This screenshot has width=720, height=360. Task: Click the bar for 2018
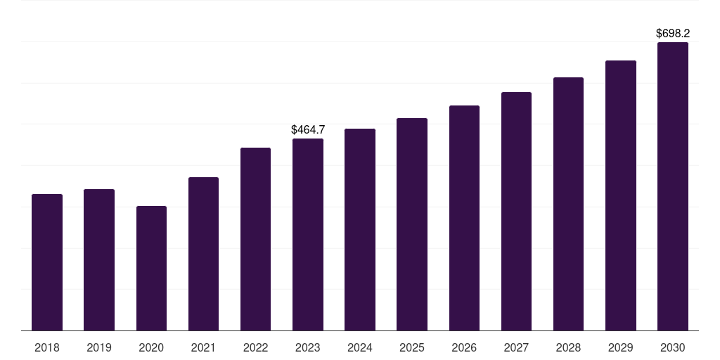coord(47,262)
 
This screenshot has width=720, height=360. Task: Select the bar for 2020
coord(152,268)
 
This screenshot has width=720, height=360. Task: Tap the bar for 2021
coord(203,254)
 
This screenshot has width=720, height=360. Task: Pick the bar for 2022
coord(255,239)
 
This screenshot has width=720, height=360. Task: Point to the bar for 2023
coord(308,235)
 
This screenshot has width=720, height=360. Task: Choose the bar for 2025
coord(412,224)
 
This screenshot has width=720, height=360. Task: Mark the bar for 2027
coord(516,211)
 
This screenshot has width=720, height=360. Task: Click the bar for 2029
coord(621,195)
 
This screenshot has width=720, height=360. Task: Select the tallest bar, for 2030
coord(673,186)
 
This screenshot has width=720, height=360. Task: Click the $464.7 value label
coord(308,129)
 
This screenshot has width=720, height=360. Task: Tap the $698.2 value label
coord(673,33)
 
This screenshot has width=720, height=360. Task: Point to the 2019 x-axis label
coord(99,347)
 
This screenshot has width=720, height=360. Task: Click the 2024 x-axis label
coord(360,347)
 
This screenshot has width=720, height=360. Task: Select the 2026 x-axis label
coord(464,347)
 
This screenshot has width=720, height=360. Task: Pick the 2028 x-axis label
coord(568,347)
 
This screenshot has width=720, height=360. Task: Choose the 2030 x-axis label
coord(673,347)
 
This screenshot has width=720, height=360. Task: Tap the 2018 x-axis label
coord(47,347)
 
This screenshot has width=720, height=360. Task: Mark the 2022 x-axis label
coord(255,347)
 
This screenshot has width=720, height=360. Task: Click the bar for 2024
coord(360,230)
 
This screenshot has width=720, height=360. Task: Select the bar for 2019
coord(99,260)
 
